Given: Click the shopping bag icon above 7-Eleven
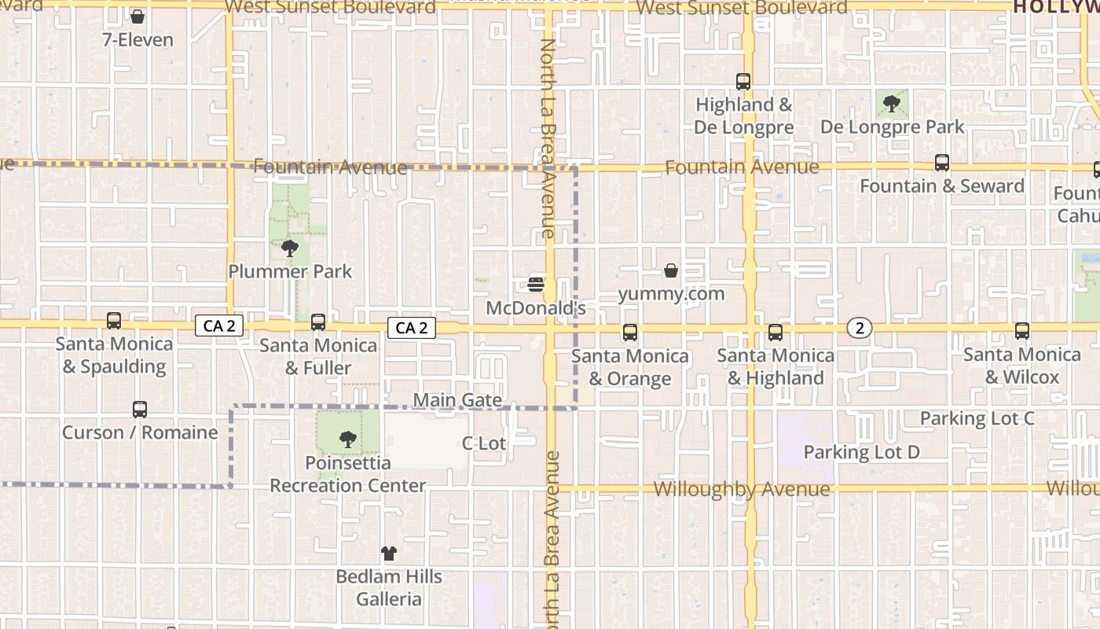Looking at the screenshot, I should pyautogui.click(x=137, y=17).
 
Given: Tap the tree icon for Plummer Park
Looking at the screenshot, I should pyautogui.click(x=290, y=248).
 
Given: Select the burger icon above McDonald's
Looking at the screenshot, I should pyautogui.click(x=537, y=284).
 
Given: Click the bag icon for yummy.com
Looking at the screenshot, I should pyautogui.click(x=671, y=270).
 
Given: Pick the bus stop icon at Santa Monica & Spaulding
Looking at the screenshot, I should pyautogui.click(x=114, y=321).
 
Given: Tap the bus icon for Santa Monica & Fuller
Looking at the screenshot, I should pyautogui.click(x=318, y=322).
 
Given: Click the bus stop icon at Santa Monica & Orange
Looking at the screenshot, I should pyautogui.click(x=630, y=333).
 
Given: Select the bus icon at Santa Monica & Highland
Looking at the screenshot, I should pyautogui.click(x=775, y=333).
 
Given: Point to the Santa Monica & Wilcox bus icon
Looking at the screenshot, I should pyautogui.click(x=1022, y=331).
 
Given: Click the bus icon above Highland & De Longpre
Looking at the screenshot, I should pyautogui.click(x=743, y=81).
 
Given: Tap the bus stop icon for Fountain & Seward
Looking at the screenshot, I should pyautogui.click(x=942, y=163).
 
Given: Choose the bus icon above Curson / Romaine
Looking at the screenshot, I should pyautogui.click(x=140, y=410).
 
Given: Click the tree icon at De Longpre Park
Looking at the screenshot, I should pyautogui.click(x=892, y=103).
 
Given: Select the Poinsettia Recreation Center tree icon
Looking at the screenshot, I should pyautogui.click(x=348, y=440).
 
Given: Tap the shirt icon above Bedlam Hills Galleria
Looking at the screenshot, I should pyautogui.click(x=389, y=554).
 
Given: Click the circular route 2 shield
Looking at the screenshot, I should pyautogui.click(x=860, y=328).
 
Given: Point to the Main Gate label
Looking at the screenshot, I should pyautogui.click(x=457, y=400).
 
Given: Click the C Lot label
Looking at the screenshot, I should pyautogui.click(x=484, y=443).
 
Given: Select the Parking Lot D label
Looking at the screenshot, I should pyautogui.click(x=861, y=452).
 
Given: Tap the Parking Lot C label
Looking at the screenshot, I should pyautogui.click(x=977, y=418).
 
